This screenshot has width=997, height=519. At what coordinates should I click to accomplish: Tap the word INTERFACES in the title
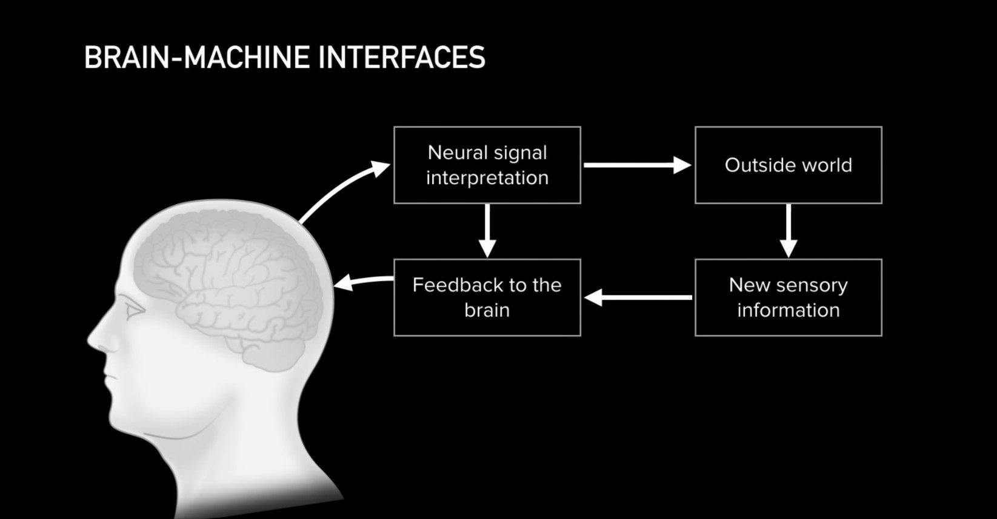click(x=402, y=58)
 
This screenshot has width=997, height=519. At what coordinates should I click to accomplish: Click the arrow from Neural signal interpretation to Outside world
click(x=638, y=165)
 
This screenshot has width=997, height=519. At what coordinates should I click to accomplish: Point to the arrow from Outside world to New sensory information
click(x=789, y=231)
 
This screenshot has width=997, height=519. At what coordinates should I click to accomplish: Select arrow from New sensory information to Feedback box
click(x=638, y=297)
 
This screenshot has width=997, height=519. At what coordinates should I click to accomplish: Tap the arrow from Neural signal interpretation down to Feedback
click(x=487, y=231)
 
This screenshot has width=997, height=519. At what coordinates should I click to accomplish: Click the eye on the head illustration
click(x=134, y=308)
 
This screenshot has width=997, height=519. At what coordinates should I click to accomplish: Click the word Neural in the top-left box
click(x=458, y=153)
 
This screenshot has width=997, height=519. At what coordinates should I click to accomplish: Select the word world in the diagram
click(x=827, y=165)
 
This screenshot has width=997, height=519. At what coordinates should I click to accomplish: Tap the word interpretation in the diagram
click(x=487, y=178)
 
